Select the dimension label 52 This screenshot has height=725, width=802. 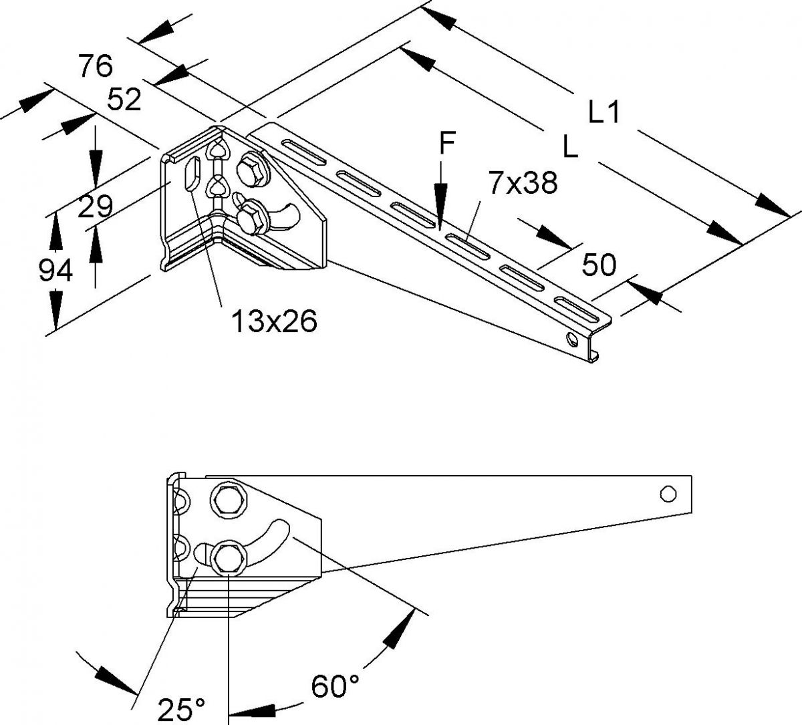(x=124, y=100)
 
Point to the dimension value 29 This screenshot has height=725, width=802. (x=95, y=207)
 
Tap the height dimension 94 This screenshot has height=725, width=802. (x=55, y=271)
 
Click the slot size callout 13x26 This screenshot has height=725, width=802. (x=273, y=322)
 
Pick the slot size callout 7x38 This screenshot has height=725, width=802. (x=523, y=182)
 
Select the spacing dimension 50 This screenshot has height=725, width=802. (x=599, y=265)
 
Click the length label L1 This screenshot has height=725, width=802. (x=604, y=112)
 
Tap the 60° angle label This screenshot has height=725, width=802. (x=336, y=686)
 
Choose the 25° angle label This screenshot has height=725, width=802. (x=181, y=708)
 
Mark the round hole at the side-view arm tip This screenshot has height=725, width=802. (x=667, y=494)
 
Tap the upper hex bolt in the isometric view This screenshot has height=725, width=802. (x=251, y=170)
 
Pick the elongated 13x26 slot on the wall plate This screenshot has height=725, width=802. (x=191, y=173)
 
